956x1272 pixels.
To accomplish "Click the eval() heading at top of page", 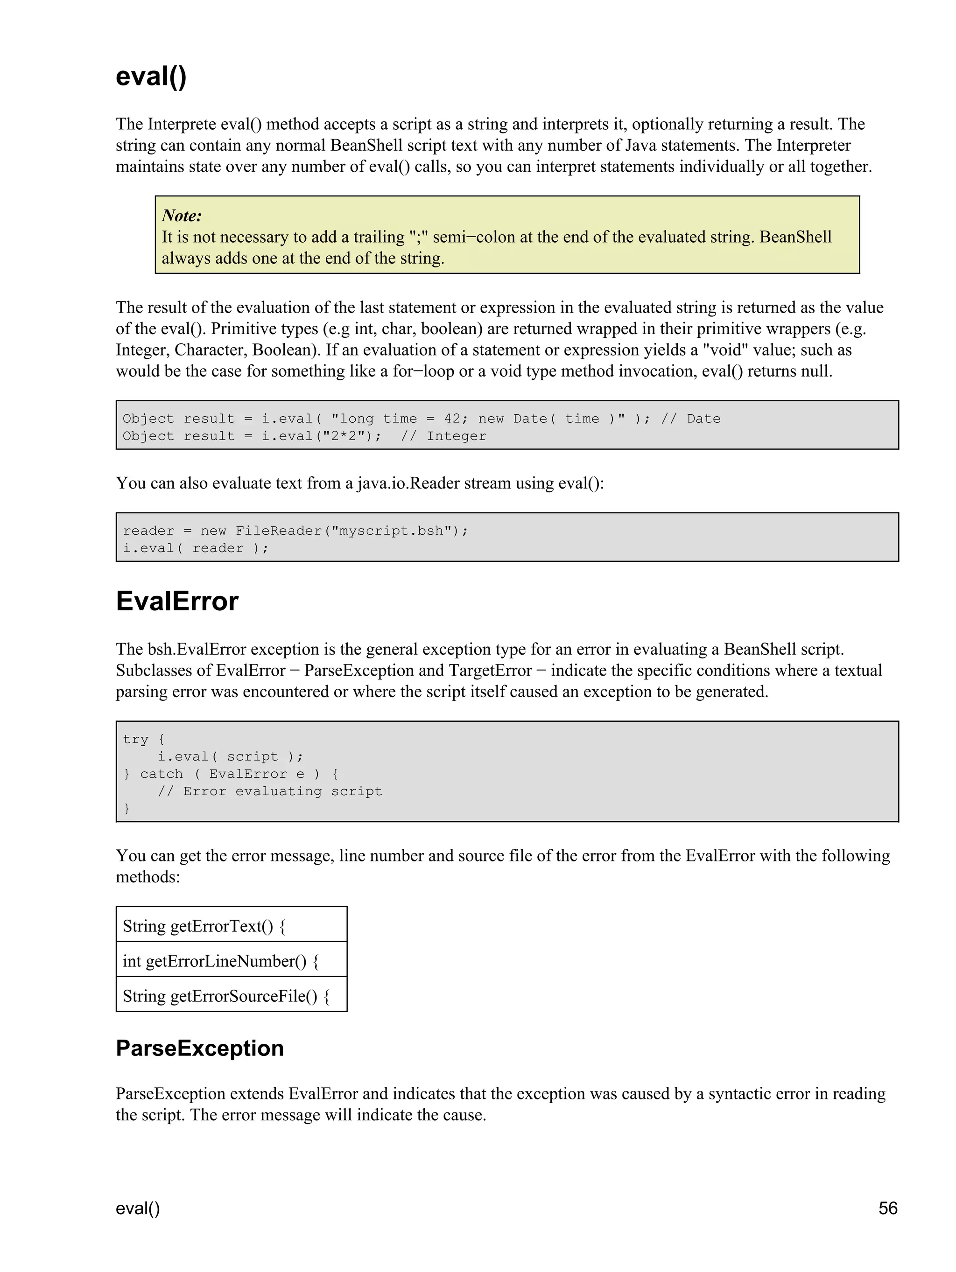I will [x=151, y=77].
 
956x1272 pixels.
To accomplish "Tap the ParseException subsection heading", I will [x=200, y=1049].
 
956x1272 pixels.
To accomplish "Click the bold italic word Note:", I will [x=182, y=216].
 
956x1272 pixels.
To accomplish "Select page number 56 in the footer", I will [x=887, y=1208].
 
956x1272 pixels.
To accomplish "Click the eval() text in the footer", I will [x=138, y=1208].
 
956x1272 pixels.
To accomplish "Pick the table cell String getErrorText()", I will [x=204, y=926].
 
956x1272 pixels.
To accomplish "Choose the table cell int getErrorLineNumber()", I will [x=220, y=962].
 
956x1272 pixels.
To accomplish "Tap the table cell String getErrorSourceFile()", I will [x=225, y=997].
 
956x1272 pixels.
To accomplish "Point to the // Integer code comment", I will [x=443, y=436].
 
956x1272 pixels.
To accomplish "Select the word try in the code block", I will [x=135, y=740].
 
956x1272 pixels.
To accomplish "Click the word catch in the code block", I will [x=161, y=774].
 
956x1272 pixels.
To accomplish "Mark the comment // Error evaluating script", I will [x=270, y=791].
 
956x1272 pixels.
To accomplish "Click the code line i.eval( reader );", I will [x=196, y=548].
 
